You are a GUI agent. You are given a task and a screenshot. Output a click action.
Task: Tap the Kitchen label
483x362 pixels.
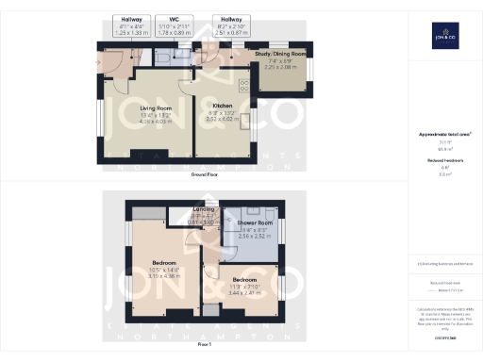tap(222, 106)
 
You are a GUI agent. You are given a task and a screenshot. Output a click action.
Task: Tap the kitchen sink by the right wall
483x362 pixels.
tap(246, 121)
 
